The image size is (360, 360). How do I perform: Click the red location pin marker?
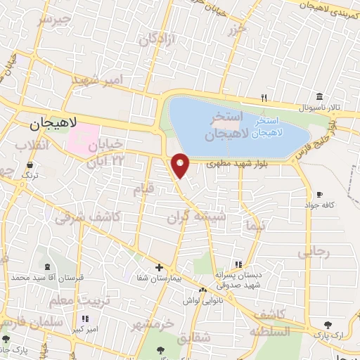pos(181,165)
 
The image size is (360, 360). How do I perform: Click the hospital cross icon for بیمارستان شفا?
pos(160,267)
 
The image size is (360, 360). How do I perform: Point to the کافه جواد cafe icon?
pos(319,194)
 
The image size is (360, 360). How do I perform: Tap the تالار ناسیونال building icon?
pos(319,96)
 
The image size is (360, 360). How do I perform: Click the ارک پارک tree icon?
pos(328,324)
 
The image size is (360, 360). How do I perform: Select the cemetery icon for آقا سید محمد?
pos(46,267)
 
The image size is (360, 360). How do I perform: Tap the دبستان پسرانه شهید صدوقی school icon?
pos(238,264)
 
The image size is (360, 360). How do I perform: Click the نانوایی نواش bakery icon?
pos(202,289)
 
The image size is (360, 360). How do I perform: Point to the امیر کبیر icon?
pos(86,319)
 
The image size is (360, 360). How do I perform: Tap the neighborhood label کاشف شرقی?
pos(79,218)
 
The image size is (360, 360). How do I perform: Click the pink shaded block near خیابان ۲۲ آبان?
pos(83,138)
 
